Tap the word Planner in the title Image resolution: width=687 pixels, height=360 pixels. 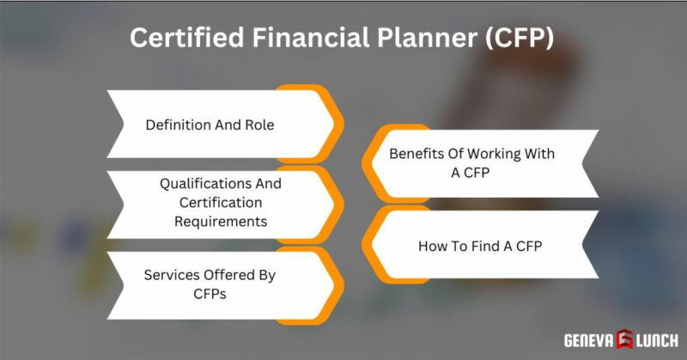[x=425, y=39]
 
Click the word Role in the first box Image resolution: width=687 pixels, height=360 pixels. [x=258, y=124]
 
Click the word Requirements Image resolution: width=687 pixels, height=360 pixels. [x=221, y=221]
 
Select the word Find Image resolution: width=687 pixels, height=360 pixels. [x=486, y=246]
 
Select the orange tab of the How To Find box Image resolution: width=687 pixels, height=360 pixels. [x=371, y=247]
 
